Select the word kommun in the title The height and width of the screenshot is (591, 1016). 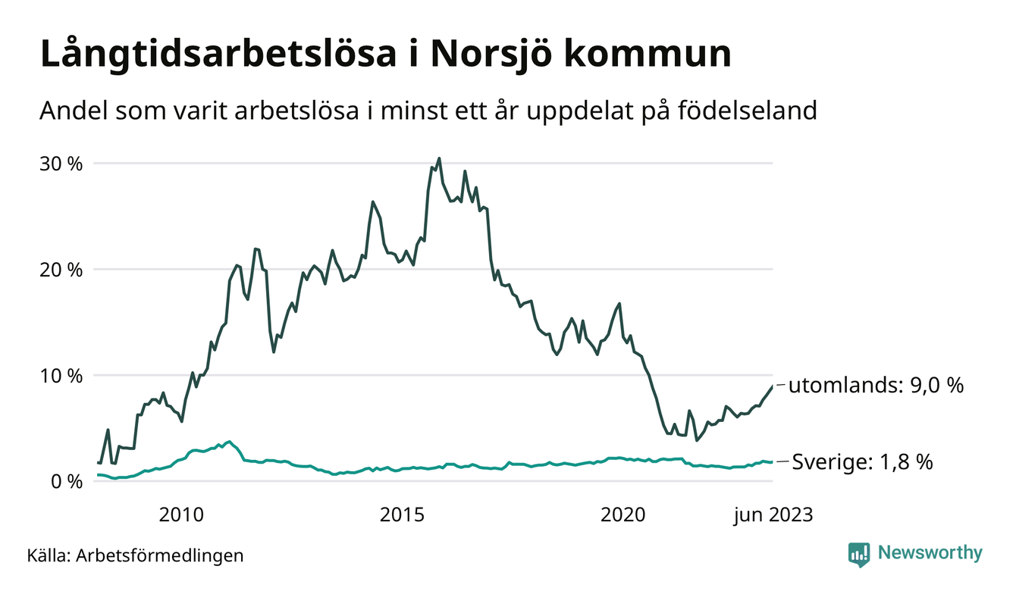click(650, 55)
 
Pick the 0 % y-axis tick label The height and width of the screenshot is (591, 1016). click(67, 481)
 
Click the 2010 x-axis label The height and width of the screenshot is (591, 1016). click(181, 515)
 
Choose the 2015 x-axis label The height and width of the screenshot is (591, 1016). click(402, 515)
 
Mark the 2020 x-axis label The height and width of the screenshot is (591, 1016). click(622, 515)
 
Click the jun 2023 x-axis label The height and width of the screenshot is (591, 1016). click(773, 515)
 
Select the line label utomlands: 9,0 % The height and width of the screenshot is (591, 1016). click(876, 386)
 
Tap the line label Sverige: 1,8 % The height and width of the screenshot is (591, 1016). click(862, 461)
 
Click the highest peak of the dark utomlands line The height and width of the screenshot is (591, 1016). click(439, 158)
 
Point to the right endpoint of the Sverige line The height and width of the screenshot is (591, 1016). click(772, 462)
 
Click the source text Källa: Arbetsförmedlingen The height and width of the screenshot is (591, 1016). click(135, 555)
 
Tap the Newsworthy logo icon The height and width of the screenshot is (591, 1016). click(859, 554)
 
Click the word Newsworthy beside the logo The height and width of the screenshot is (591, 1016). click(930, 553)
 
